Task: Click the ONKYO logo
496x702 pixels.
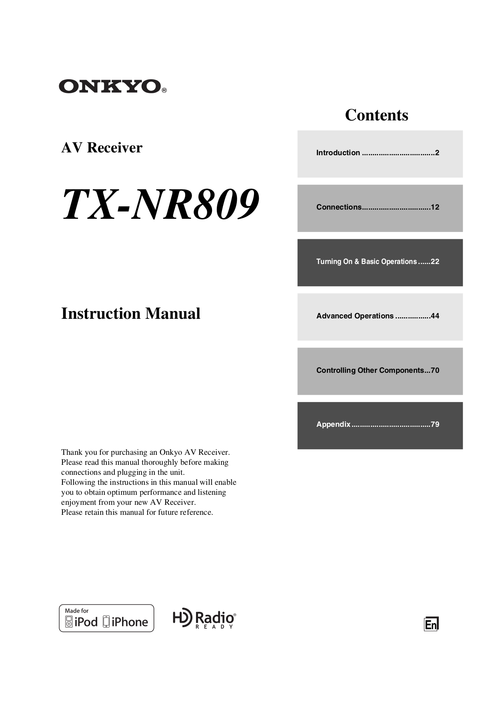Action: pyautogui.click(x=110, y=86)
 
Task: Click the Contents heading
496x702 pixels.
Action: pyautogui.click(x=376, y=115)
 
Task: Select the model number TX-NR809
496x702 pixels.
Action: pyautogui.click(x=160, y=205)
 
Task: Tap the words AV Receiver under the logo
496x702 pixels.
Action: pyautogui.click(x=102, y=148)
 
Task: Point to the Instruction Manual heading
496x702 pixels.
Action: pyautogui.click(x=130, y=314)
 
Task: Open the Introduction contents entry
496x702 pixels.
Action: pyautogui.click(x=338, y=153)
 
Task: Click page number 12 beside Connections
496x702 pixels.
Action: pyautogui.click(x=435, y=207)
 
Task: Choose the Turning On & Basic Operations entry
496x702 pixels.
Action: pyautogui.click(x=366, y=262)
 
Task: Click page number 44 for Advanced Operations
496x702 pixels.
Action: pyautogui.click(x=435, y=316)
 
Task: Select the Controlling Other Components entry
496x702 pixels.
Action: pyautogui.click(x=370, y=370)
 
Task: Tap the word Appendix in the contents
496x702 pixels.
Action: pyautogui.click(x=333, y=424)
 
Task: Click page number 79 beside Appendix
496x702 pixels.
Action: pyautogui.click(x=435, y=424)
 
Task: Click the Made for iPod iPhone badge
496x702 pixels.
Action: pyautogui.click(x=106, y=618)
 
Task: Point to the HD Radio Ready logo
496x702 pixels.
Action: pyautogui.click(x=204, y=619)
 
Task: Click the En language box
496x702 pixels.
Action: pyautogui.click(x=431, y=624)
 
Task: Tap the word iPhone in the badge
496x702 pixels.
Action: pyautogui.click(x=130, y=622)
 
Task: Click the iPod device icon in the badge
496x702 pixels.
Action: pyautogui.click(x=69, y=622)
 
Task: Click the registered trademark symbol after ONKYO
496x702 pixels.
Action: pyautogui.click(x=164, y=91)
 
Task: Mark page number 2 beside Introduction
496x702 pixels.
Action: pyautogui.click(x=437, y=153)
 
